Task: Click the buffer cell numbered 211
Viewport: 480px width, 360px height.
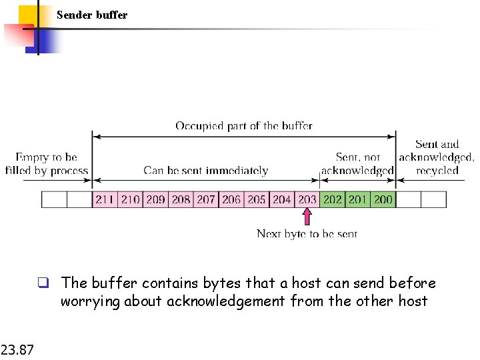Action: coord(105,199)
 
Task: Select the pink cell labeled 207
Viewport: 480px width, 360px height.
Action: coord(206,199)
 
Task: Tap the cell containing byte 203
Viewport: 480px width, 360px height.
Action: coord(307,199)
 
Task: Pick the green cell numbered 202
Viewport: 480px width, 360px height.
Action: coord(333,199)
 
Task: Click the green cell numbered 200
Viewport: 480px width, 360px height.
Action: coord(383,199)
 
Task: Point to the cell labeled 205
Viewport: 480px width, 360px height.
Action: coord(257,199)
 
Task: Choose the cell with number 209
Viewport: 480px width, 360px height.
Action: coord(155,199)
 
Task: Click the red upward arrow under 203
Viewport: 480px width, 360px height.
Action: coord(307,217)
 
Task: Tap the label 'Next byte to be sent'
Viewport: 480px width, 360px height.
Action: coord(307,233)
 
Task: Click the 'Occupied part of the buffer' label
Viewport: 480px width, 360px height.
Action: coord(243,125)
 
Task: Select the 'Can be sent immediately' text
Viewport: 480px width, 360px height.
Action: coord(206,171)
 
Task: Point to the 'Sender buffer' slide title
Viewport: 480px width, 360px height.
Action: coord(92,15)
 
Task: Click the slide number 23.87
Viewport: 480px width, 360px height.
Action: coord(17,348)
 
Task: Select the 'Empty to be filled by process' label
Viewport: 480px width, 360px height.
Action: coord(46,164)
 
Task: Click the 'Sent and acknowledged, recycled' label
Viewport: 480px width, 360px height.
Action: coord(437,157)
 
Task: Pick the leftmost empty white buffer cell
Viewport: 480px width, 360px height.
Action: coord(54,199)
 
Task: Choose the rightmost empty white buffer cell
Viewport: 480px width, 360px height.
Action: coord(434,199)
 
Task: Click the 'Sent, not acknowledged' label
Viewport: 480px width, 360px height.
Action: coord(357,164)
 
